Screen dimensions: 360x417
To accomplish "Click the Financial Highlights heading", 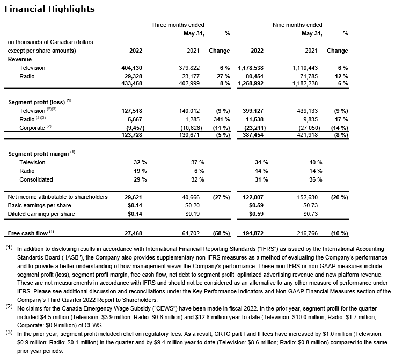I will (49, 9).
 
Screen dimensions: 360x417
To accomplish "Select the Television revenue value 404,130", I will (132, 68).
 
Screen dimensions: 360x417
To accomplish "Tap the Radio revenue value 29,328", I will (134, 76).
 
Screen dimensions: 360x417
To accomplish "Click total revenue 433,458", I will (132, 84).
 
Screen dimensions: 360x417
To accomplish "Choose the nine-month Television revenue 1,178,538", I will (251, 68).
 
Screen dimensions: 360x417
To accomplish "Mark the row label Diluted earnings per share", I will (41, 214).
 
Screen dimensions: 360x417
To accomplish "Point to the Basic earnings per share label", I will (39, 205).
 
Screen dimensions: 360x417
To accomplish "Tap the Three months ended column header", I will (178, 25).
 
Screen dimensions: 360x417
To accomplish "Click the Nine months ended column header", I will (297, 25).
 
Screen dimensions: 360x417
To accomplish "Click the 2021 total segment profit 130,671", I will (191, 136).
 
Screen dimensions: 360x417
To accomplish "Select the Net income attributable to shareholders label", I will (58, 197).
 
